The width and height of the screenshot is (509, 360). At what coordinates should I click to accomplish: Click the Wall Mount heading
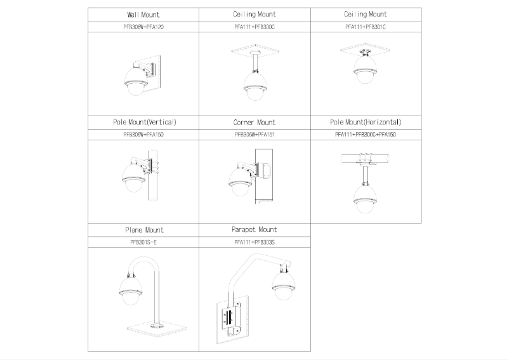[143, 14]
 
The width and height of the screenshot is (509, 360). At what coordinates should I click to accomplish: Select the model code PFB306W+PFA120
[143, 27]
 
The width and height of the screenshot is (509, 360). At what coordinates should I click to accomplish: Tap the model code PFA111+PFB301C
[366, 27]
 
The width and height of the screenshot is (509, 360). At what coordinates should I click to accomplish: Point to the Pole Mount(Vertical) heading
[143, 121]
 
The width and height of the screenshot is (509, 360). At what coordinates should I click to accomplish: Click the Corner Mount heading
[255, 121]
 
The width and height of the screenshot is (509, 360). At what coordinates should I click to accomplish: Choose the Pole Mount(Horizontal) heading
[366, 121]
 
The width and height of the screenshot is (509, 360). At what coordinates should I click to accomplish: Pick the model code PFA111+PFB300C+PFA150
[366, 135]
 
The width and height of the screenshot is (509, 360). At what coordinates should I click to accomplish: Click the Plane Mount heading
[143, 230]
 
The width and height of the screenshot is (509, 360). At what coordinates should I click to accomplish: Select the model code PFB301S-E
[143, 242]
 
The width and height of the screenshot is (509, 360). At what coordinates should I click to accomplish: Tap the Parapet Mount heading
[255, 229]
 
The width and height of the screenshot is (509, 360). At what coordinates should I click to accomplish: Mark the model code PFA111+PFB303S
[255, 242]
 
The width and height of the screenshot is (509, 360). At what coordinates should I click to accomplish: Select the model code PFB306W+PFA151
[255, 135]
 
